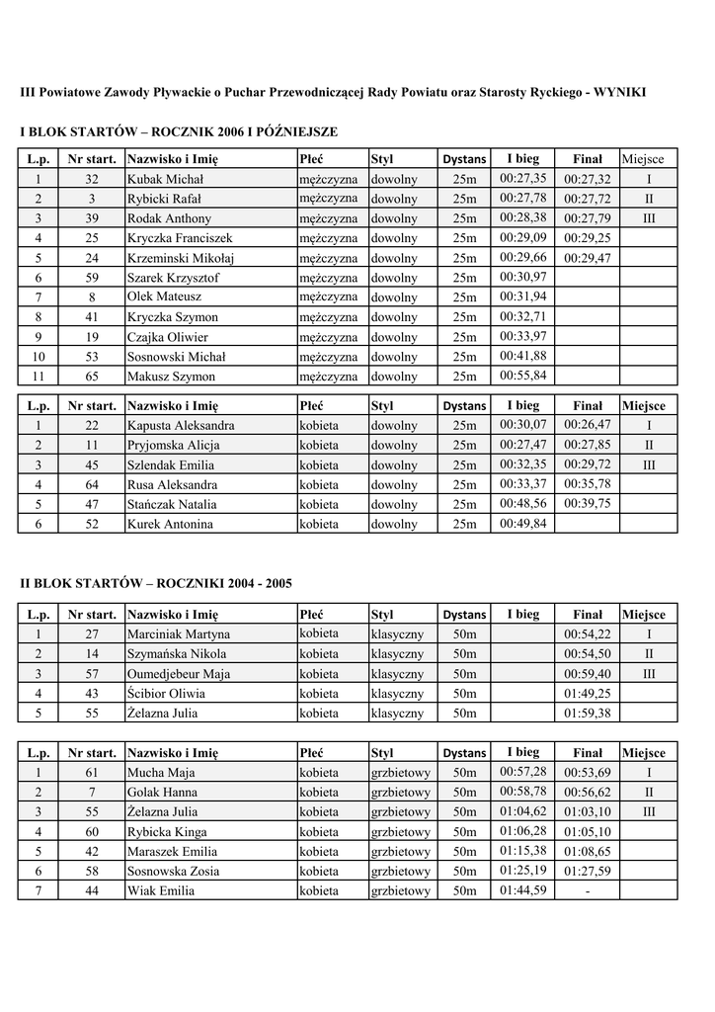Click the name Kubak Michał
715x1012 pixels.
(165, 180)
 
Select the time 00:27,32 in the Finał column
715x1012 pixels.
(587, 180)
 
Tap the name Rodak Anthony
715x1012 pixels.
(169, 218)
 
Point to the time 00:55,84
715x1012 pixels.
(522, 376)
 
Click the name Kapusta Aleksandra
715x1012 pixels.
(181, 426)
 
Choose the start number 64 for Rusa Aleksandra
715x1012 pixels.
(92, 485)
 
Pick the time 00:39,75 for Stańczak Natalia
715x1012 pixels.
(587, 503)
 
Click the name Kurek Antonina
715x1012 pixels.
(170, 525)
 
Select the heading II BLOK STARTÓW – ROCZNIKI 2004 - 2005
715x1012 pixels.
(156, 584)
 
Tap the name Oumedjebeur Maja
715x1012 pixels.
(179, 674)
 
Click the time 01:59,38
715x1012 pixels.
(587, 714)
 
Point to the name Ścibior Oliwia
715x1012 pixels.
(166, 694)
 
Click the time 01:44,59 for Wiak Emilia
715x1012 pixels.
(522, 889)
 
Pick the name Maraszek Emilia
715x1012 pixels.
(172, 852)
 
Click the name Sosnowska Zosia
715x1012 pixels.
(173, 872)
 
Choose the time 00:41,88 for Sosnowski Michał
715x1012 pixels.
(522, 356)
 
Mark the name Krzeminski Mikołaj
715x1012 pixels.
(181, 258)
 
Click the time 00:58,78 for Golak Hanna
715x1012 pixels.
(522, 791)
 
